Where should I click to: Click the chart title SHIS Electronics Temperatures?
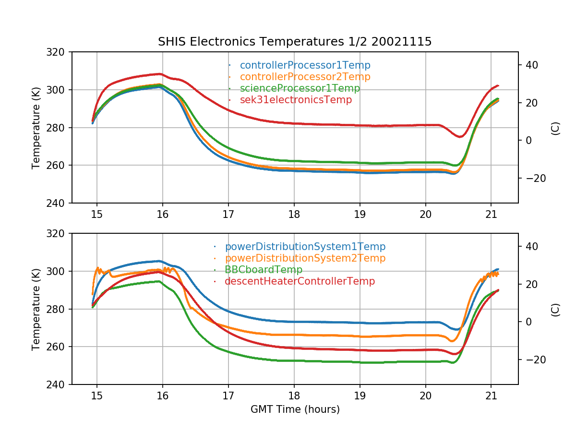coord(295,42)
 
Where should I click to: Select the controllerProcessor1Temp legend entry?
coord(305,65)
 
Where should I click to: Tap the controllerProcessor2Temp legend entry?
coord(305,77)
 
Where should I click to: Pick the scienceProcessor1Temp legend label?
coord(300,88)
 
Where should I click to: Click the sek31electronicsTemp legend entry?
coord(296,100)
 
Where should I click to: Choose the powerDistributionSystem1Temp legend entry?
coord(305,247)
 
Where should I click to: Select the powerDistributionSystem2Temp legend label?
coord(305,258)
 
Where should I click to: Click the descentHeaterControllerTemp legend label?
coord(300,281)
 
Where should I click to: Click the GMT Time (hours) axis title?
coord(295,409)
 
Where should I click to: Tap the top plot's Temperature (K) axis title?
coord(36,128)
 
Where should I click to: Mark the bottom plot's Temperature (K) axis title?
coord(36,309)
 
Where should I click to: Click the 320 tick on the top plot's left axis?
coord(59,52)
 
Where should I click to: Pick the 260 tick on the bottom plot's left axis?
coord(59,347)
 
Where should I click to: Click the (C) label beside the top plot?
coord(555,128)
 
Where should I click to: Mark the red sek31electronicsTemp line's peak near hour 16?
coord(160,74)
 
